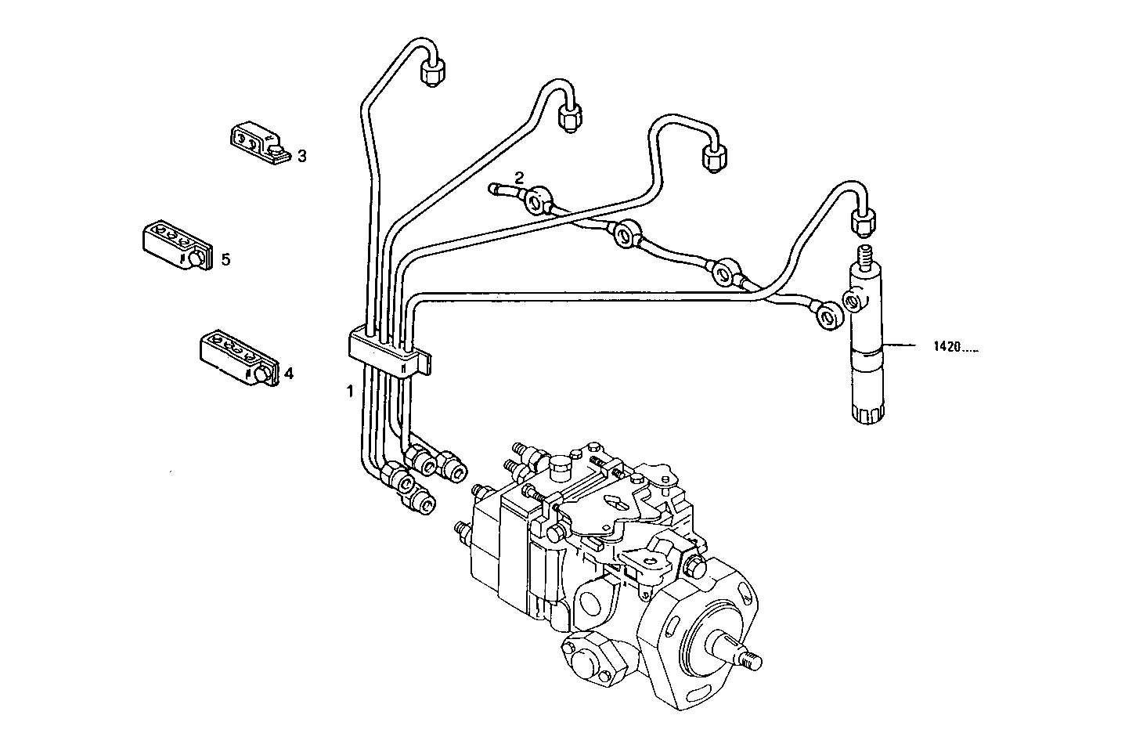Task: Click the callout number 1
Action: click(351, 390)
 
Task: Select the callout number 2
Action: click(518, 176)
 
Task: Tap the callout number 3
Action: click(301, 156)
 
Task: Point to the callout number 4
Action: click(288, 374)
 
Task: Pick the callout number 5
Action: click(225, 259)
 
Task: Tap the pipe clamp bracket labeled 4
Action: click(235, 357)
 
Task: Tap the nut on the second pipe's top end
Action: click(569, 117)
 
